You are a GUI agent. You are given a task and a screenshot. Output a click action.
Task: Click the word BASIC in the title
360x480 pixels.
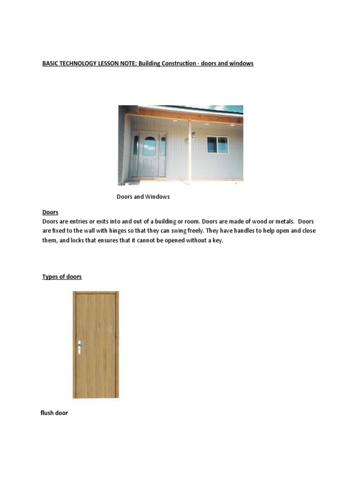tap(51, 63)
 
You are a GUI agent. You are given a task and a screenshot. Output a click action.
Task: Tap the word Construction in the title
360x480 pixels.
tap(182, 63)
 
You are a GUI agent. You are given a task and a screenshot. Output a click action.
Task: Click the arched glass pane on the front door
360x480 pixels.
tap(149, 146)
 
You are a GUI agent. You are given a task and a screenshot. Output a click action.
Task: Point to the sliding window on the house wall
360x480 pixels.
tap(217, 145)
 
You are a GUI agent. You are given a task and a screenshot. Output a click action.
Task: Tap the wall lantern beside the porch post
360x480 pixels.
tap(193, 135)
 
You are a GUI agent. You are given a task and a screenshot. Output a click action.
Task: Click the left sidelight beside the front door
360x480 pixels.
tap(136, 146)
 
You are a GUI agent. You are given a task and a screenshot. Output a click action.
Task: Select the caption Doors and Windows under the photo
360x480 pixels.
tap(143, 197)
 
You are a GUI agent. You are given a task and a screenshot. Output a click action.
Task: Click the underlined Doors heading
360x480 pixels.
tap(50, 213)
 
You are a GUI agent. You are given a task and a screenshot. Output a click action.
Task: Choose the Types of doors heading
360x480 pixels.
tap(62, 277)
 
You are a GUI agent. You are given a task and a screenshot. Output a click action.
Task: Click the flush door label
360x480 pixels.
tap(54, 413)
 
